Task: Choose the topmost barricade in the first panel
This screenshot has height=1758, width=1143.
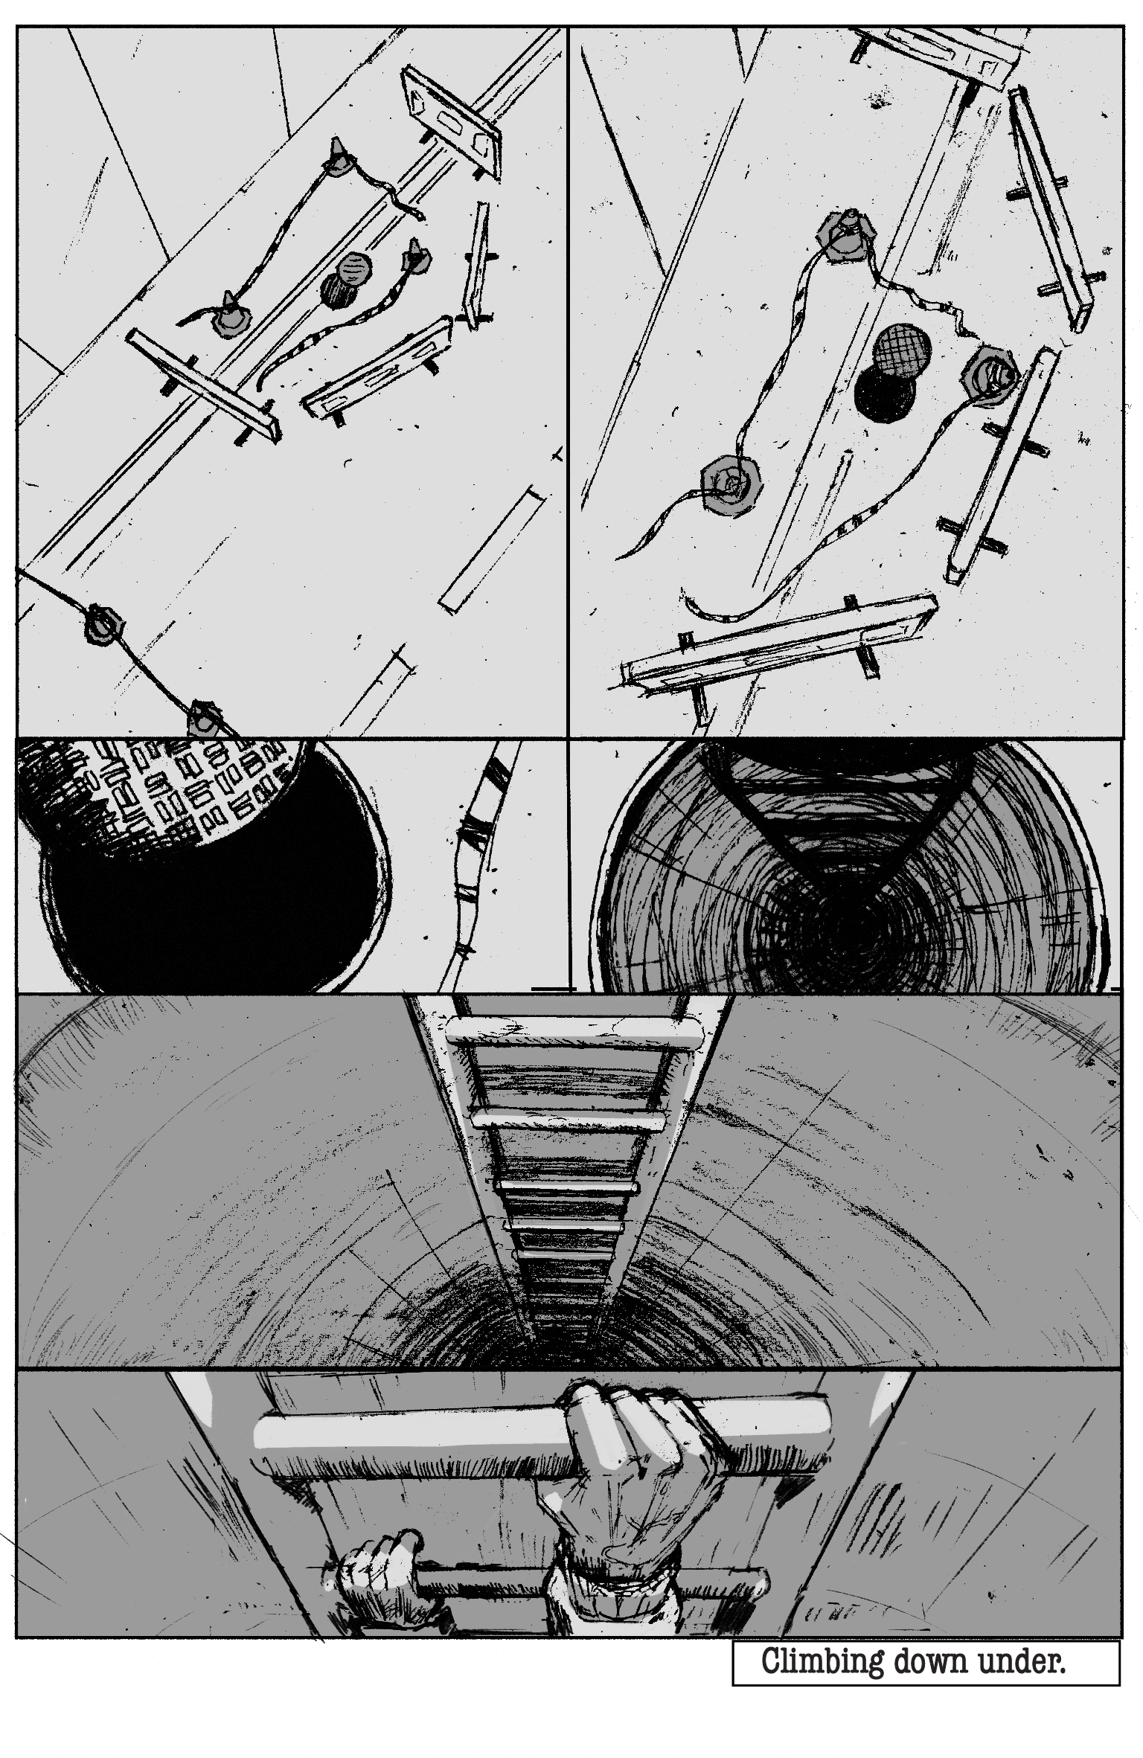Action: point(451,122)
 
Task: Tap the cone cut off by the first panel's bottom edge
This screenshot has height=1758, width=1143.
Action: point(207,717)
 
